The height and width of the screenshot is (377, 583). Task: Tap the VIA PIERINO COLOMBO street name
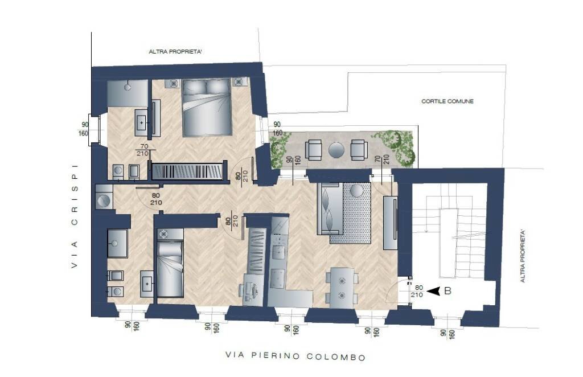coord(295,357)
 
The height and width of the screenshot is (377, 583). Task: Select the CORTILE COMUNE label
coord(447,101)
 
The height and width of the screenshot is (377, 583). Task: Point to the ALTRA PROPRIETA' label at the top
coord(176,52)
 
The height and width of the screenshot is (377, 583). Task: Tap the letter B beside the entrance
coord(447,291)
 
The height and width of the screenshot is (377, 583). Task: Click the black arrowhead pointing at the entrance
coord(434,291)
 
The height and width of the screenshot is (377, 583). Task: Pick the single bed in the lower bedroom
coord(170,268)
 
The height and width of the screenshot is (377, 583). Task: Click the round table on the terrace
coord(336,150)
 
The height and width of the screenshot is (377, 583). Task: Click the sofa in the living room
coord(331,209)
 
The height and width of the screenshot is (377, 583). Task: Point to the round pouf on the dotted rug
coord(357,190)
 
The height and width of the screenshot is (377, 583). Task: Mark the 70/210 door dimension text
coord(141,150)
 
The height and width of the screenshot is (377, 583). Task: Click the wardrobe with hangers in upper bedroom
coord(187,171)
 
